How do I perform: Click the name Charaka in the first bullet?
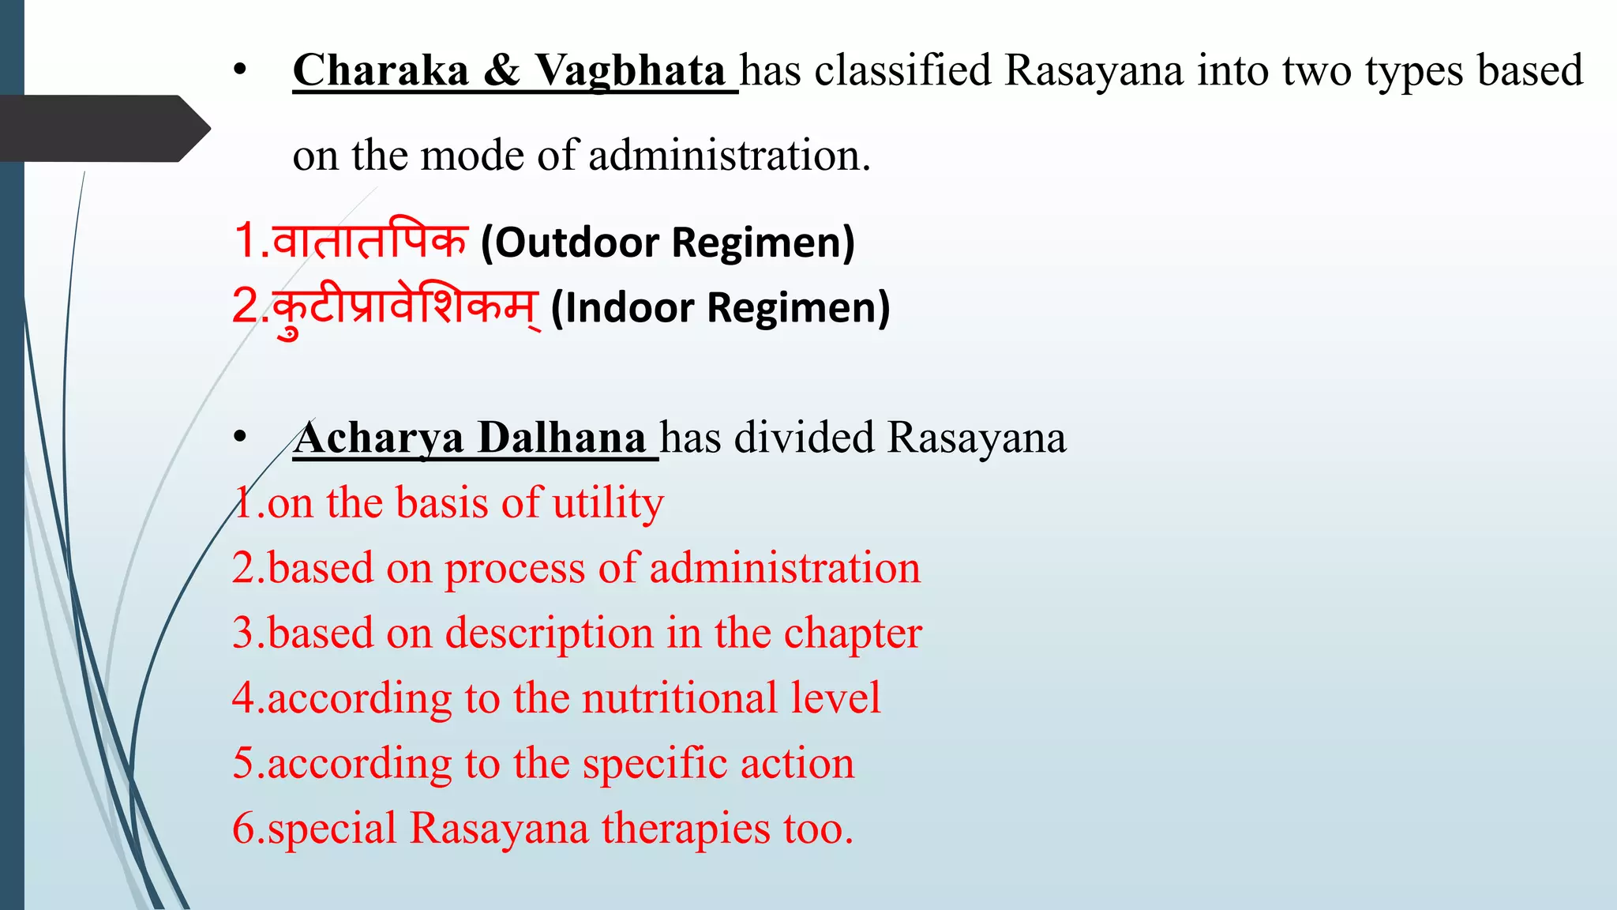[381, 71]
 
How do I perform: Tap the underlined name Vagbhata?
[630, 71]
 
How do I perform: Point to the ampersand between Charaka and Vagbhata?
[501, 71]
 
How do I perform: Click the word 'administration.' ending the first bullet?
[730, 155]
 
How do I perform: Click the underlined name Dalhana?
[562, 438]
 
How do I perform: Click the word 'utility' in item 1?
[608, 504]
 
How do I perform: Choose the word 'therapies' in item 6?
[685, 829]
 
